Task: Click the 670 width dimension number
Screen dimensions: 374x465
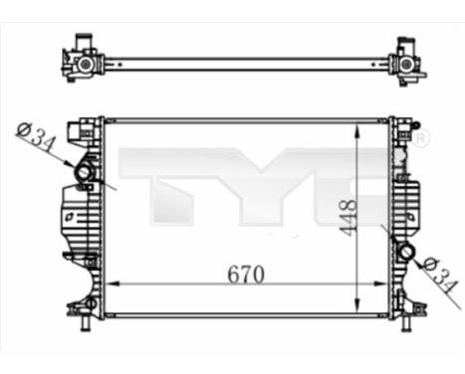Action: click(244, 274)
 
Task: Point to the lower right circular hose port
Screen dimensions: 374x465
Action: click(405, 253)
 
